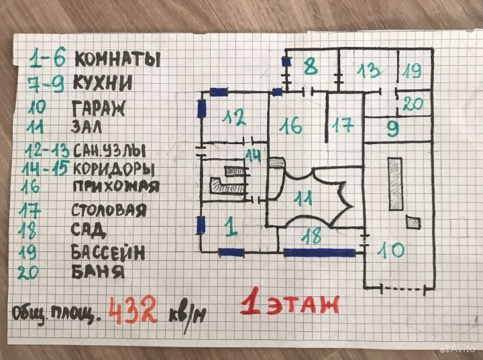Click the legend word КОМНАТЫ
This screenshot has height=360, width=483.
(117, 59)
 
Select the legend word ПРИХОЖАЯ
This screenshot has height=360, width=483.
(115, 186)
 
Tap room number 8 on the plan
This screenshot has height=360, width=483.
(309, 66)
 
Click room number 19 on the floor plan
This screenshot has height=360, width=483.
(413, 69)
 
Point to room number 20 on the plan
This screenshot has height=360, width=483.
(414, 104)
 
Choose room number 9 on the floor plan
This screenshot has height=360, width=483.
(392, 127)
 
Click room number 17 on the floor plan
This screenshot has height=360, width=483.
(342, 125)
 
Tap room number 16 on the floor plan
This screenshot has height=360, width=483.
(291, 125)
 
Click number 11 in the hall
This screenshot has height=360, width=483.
(304, 197)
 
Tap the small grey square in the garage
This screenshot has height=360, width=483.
(413, 223)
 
